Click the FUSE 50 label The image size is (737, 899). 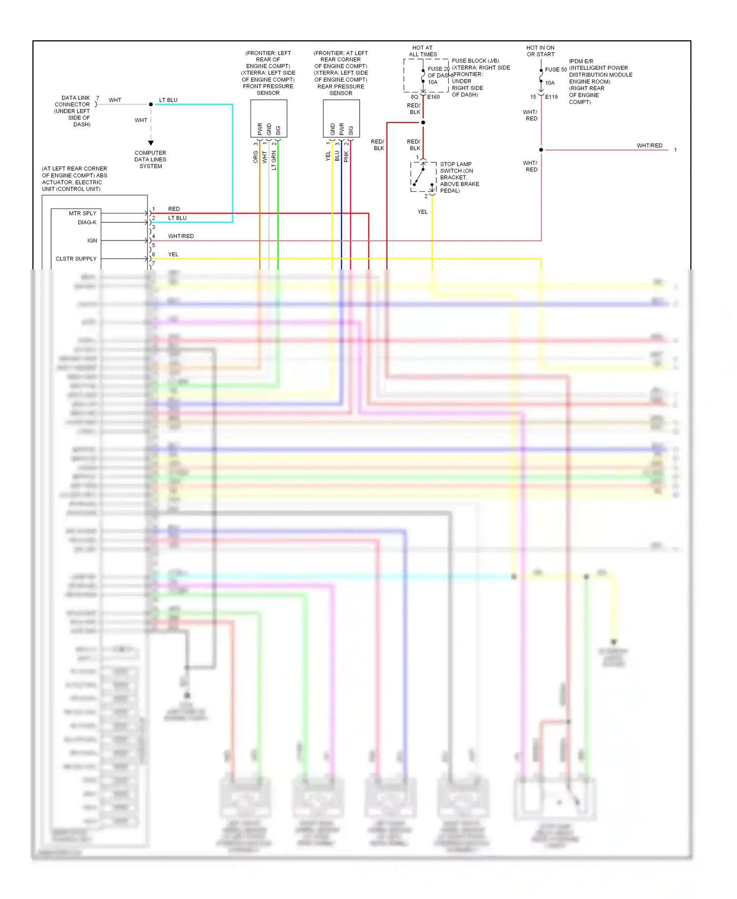coord(556,70)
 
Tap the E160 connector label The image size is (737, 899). coord(433,97)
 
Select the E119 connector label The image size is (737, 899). coord(551,97)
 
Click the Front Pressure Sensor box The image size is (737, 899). coord(268,119)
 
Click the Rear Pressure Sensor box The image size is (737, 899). coord(341,119)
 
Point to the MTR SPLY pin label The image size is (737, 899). coord(83,213)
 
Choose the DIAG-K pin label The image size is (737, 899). coord(87,222)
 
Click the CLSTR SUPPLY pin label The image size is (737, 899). coord(76,259)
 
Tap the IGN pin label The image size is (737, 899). coord(92,240)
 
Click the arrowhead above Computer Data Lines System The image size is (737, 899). coord(151,143)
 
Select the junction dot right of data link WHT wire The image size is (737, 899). coord(151,104)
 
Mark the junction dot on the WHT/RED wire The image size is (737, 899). coord(541,150)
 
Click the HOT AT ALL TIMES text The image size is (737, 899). coord(423,51)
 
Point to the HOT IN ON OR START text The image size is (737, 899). coord(540,51)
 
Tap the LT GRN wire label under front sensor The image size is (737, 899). coord(274,160)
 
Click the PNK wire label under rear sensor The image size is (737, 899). coord(346,157)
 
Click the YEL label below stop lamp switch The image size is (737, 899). coord(423,212)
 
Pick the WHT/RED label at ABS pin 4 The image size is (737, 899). coord(181,236)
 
